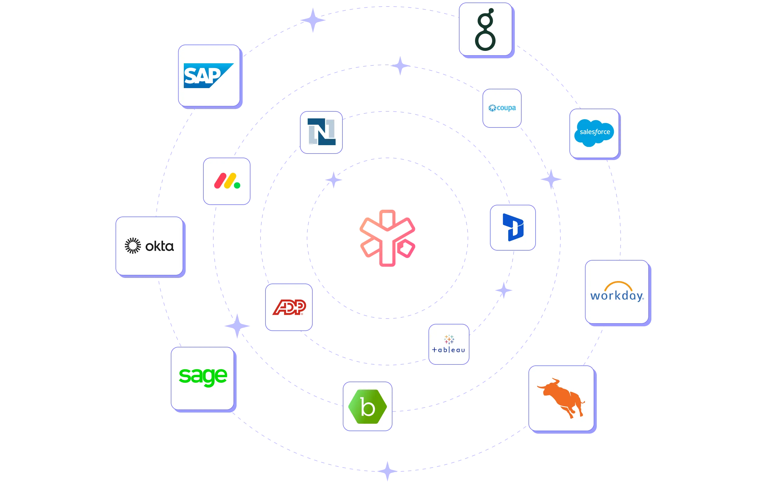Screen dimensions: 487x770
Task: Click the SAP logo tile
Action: (x=209, y=75)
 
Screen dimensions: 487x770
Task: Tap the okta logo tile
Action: (x=149, y=246)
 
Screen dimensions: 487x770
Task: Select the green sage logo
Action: (x=203, y=378)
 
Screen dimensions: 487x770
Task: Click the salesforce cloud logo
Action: (x=594, y=133)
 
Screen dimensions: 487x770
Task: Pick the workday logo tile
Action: (x=617, y=292)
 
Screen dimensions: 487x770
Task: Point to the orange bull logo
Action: (x=562, y=398)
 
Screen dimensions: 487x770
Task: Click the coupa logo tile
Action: (x=502, y=108)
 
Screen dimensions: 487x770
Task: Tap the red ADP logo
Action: (x=289, y=307)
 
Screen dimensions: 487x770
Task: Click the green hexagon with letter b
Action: (x=367, y=406)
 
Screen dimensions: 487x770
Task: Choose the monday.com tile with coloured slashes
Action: (x=227, y=181)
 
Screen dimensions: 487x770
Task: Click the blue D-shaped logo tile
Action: (x=513, y=227)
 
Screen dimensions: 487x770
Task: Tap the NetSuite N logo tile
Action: (x=321, y=132)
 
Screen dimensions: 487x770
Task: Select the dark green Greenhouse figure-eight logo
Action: (x=485, y=29)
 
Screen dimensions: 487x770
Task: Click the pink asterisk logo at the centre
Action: (x=387, y=238)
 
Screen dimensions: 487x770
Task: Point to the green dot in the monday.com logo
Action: (x=237, y=185)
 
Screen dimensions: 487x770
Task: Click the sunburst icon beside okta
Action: (x=133, y=246)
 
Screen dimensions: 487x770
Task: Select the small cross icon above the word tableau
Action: (x=449, y=339)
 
